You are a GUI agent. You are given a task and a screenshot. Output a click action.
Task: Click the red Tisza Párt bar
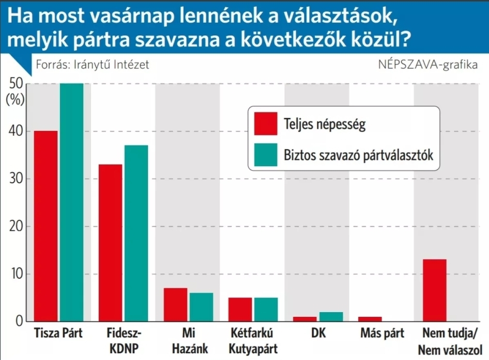(46, 226)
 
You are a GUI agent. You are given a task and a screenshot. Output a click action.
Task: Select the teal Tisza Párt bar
(72, 202)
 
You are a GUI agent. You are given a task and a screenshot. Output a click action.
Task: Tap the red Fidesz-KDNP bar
(110, 243)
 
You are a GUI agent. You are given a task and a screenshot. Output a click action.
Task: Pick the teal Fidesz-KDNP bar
(136, 233)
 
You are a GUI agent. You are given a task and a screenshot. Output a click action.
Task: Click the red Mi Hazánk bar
(175, 305)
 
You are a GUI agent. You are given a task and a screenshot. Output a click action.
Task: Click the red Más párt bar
(370, 319)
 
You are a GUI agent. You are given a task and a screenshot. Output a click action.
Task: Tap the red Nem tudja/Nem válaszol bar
(434, 290)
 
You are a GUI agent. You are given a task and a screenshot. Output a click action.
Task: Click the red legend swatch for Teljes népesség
(265, 124)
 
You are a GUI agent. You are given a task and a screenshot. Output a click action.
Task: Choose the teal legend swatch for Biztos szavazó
(265, 155)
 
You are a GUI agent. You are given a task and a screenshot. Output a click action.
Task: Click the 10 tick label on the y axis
(16, 274)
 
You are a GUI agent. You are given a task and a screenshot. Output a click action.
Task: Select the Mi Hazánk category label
(188, 341)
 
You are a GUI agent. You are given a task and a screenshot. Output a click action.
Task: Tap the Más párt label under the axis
(382, 334)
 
